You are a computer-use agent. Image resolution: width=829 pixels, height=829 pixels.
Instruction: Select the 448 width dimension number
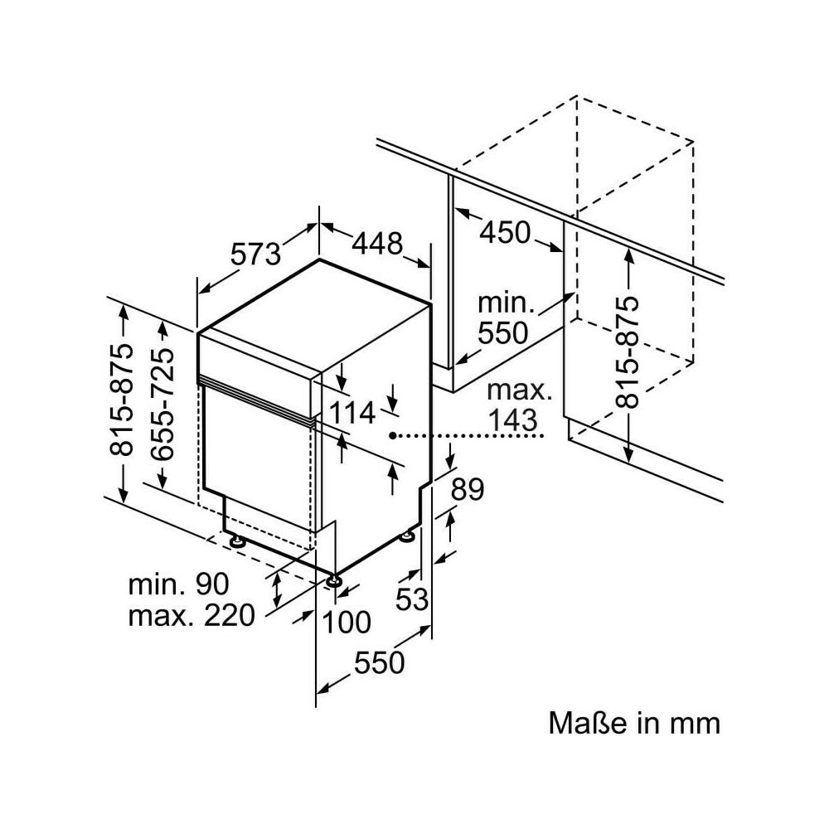377,243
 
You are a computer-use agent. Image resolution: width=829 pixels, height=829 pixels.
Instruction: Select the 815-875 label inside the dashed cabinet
628,351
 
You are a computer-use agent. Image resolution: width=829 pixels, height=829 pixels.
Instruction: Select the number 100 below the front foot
346,621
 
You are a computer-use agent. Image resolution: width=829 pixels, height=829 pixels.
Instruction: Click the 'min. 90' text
178,584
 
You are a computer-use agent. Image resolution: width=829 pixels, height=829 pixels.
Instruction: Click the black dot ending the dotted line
393,434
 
